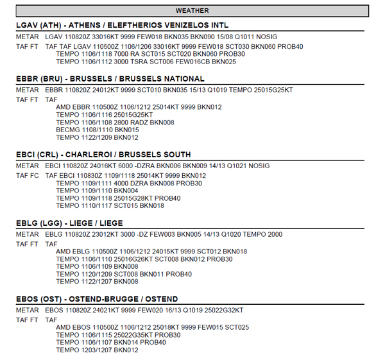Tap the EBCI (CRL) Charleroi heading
(x=103, y=155)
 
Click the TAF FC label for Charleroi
(x=28, y=175)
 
